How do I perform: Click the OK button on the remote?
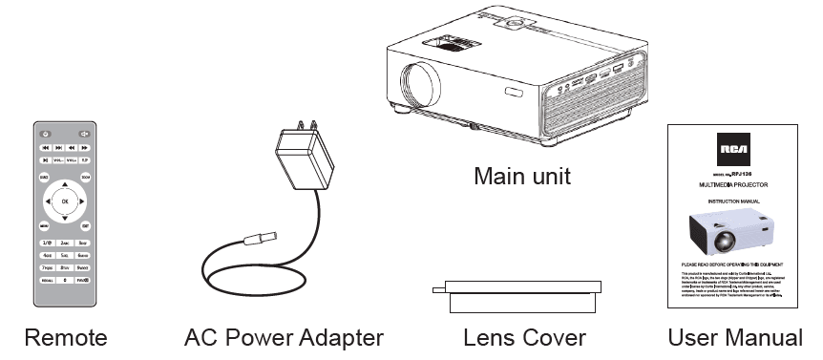pos(65,201)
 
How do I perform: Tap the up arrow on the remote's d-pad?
pos(65,184)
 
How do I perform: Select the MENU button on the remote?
pos(44,226)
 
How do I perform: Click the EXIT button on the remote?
pos(86,226)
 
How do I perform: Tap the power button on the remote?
pos(45,133)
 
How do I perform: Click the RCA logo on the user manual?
pos(733,150)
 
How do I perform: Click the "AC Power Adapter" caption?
pos(284,337)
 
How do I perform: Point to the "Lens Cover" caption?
pos(524,337)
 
